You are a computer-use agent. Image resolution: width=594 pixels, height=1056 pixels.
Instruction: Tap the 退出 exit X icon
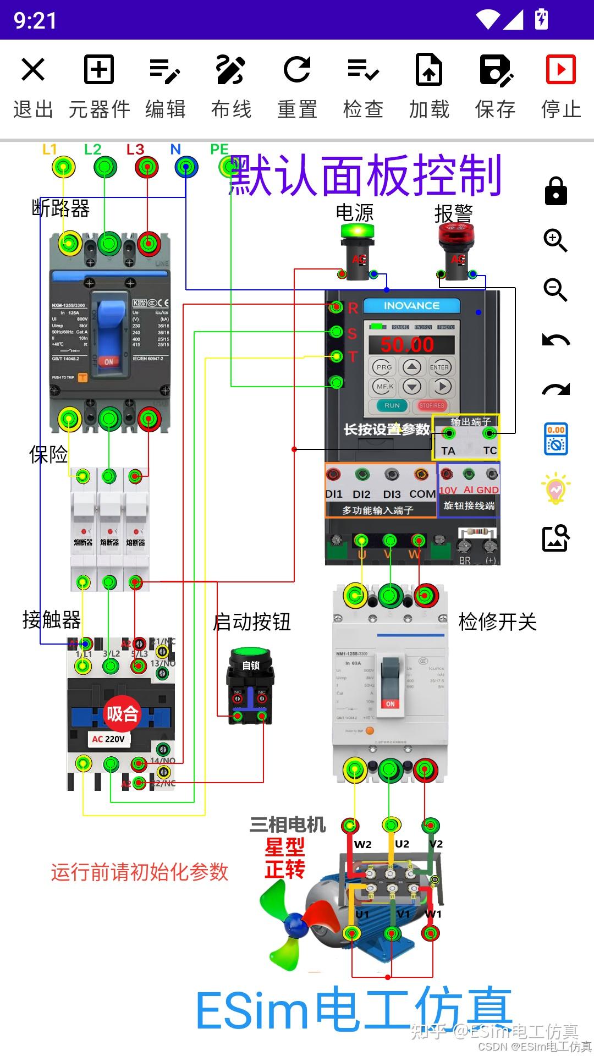pos(33,70)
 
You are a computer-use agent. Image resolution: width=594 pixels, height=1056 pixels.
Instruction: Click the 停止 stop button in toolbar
pos(560,70)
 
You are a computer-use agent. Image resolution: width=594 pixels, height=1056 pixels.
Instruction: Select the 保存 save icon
pos(495,70)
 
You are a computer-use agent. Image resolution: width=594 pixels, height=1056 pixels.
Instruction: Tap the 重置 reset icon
pos(297,70)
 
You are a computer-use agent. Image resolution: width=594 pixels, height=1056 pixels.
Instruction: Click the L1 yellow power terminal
pos(63,167)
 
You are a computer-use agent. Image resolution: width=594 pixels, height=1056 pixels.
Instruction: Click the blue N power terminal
pos(186,167)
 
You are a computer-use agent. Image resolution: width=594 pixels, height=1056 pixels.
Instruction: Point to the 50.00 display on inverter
pos(408,345)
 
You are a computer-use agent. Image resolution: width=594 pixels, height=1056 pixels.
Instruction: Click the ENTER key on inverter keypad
pos(439,367)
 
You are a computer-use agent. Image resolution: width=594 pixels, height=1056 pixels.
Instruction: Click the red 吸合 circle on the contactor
pos(122,714)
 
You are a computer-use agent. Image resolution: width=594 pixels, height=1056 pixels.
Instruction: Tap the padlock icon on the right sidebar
pos(555,191)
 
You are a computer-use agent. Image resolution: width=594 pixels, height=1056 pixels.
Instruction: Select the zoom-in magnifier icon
pos(555,240)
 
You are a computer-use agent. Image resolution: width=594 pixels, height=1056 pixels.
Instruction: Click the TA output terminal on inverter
pos(449,434)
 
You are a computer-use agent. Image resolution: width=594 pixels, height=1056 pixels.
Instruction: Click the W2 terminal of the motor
pos(350,826)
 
